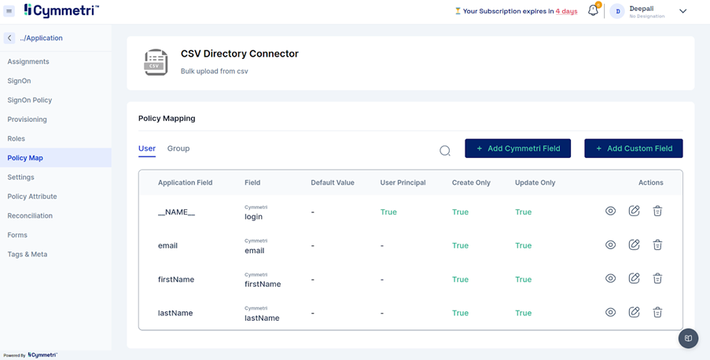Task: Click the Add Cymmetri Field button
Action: (x=517, y=149)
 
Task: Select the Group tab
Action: (x=178, y=149)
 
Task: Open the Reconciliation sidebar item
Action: (x=30, y=215)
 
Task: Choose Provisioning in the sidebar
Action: (x=28, y=119)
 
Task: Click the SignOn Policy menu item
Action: (x=30, y=100)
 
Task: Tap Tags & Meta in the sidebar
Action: (x=28, y=254)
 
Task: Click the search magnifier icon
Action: (x=445, y=150)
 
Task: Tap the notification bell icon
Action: (x=593, y=11)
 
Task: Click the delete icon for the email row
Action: (x=657, y=245)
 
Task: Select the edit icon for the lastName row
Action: (x=634, y=313)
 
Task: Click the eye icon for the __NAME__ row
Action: (x=610, y=211)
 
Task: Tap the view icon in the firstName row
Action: (x=610, y=279)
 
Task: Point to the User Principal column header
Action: (x=403, y=182)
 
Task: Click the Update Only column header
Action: (x=535, y=182)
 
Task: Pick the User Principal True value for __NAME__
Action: (x=388, y=212)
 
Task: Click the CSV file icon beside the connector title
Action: (x=156, y=62)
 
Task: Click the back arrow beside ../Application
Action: (x=9, y=38)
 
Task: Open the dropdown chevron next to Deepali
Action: (x=682, y=11)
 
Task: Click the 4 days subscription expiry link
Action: (x=566, y=12)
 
